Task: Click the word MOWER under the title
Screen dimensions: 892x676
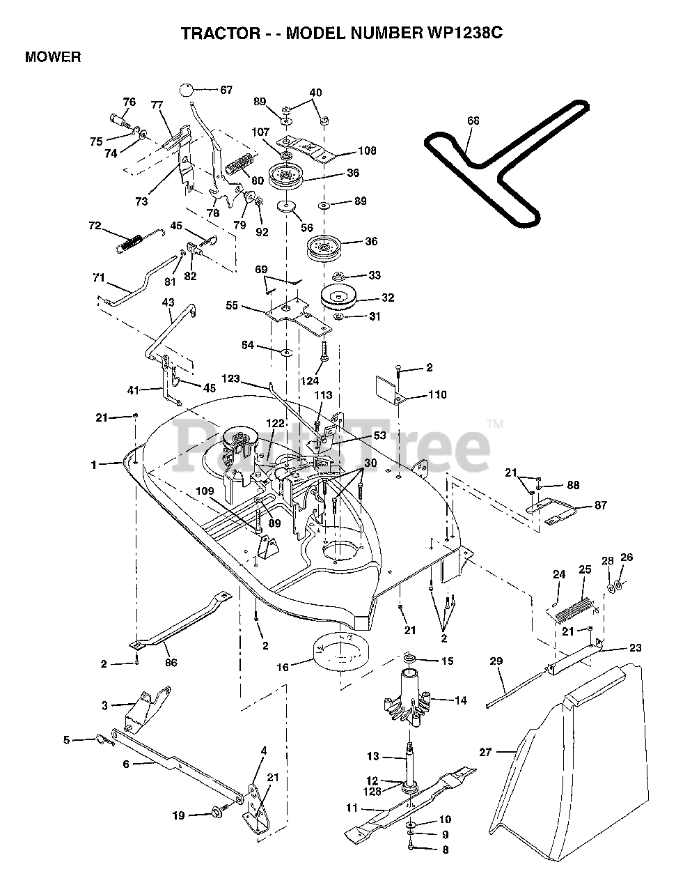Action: coord(52,57)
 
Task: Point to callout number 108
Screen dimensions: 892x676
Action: coord(367,151)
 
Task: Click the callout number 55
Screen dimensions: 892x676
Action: coord(232,305)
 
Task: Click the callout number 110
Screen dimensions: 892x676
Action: coord(437,394)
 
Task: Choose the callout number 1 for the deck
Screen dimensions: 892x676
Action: coord(93,463)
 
